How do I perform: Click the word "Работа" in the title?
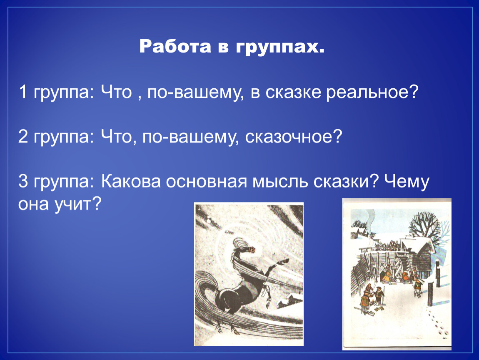pyautogui.click(x=175, y=46)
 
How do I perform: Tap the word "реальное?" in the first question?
pyautogui.click(x=372, y=92)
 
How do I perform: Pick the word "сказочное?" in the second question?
pyautogui.click(x=294, y=137)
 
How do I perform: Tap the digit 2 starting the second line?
pyautogui.click(x=23, y=136)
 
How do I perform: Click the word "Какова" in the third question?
pyautogui.click(x=131, y=181)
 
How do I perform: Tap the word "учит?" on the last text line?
pyautogui.click(x=78, y=205)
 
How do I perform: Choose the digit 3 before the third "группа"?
pyautogui.click(x=23, y=181)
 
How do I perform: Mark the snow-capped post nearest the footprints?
pyautogui.click(x=430, y=293)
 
